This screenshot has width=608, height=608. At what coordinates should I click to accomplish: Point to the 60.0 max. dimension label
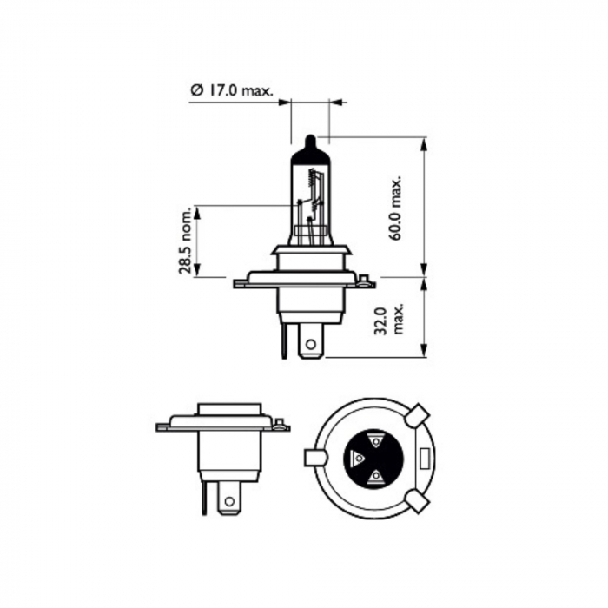click(x=397, y=208)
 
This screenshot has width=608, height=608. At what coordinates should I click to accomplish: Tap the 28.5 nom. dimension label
click(x=184, y=241)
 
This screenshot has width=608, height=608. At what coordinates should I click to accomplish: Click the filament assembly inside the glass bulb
click(x=313, y=204)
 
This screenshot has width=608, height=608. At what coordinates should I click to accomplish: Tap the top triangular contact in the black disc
click(x=374, y=440)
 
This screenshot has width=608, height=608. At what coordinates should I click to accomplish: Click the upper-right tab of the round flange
click(x=417, y=414)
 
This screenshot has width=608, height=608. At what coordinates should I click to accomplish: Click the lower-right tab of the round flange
click(x=417, y=499)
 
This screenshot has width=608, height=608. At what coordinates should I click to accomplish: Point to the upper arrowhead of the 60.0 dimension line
click(x=425, y=142)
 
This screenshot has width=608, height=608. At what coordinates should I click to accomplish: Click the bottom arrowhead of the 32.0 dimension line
click(x=425, y=351)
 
